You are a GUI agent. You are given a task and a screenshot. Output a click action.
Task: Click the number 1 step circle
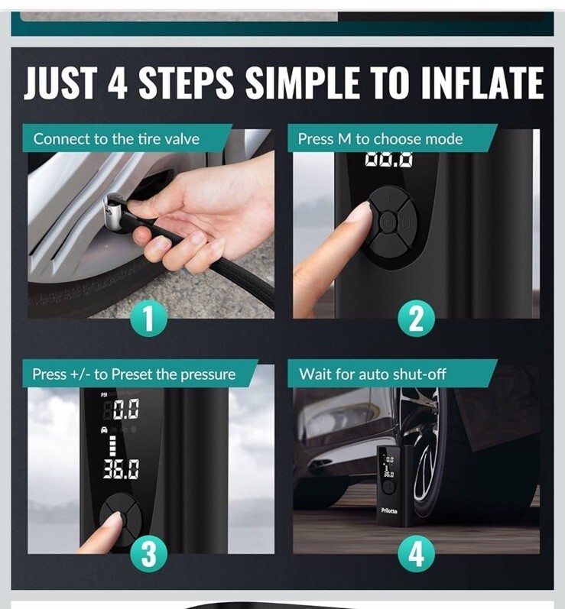point(148,319)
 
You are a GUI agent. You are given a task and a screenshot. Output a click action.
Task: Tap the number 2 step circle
point(416,319)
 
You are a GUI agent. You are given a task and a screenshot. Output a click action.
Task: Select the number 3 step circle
point(148,554)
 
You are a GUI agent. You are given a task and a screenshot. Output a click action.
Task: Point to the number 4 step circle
point(416,554)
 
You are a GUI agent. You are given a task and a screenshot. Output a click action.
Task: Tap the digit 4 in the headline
point(117,83)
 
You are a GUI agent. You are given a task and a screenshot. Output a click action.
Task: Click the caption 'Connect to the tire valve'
point(116,138)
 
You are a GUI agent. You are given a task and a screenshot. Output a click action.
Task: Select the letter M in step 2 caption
point(344,139)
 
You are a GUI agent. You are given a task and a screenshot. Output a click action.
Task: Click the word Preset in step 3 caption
point(132,374)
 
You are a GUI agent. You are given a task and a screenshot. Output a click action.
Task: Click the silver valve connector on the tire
point(114,212)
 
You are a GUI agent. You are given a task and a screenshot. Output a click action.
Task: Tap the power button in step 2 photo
point(386,222)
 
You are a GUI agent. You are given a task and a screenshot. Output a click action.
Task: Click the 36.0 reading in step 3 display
point(121,469)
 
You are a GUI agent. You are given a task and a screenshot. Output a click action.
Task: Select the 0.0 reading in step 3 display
point(126,409)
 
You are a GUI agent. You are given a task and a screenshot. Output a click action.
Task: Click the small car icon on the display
point(104,429)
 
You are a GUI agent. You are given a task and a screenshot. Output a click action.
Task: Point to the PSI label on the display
point(104,394)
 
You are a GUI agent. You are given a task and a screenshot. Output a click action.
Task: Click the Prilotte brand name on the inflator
point(389,510)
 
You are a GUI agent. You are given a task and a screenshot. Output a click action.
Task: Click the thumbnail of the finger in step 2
point(359,213)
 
